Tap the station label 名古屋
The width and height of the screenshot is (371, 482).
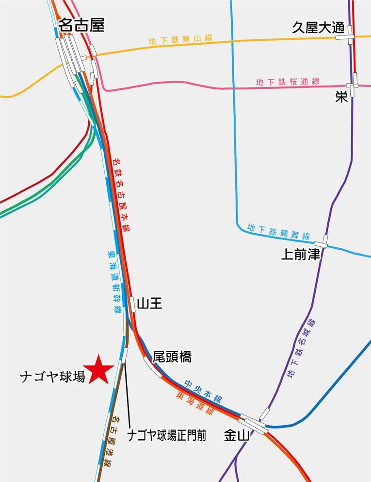coord(81,26)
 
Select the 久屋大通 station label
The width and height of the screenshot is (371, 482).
coord(318,28)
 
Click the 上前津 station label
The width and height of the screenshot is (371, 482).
coord(301,255)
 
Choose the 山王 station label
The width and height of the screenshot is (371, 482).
coord(149,304)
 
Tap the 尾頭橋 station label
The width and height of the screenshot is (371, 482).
coord(172,357)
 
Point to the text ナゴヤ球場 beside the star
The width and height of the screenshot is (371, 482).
coord(52,377)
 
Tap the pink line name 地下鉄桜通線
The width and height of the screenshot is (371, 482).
coord(288,82)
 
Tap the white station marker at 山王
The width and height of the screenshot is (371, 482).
coord(132,304)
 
